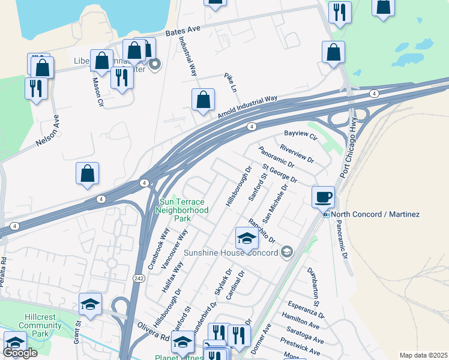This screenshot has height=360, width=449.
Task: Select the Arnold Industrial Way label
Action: click(x=248, y=107)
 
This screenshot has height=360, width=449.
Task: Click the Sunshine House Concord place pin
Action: click(x=286, y=252)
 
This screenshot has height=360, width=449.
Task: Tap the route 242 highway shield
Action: click(x=137, y=278)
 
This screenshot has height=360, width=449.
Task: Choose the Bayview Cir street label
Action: click(x=300, y=136)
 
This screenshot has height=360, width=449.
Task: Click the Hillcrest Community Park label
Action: click(x=40, y=325)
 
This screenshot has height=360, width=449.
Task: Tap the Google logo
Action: click(x=20, y=353)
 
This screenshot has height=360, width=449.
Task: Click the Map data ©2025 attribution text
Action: click(x=423, y=355)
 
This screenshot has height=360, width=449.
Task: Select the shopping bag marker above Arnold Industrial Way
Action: click(x=203, y=100)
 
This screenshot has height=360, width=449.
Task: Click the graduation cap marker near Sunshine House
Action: click(x=246, y=238)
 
